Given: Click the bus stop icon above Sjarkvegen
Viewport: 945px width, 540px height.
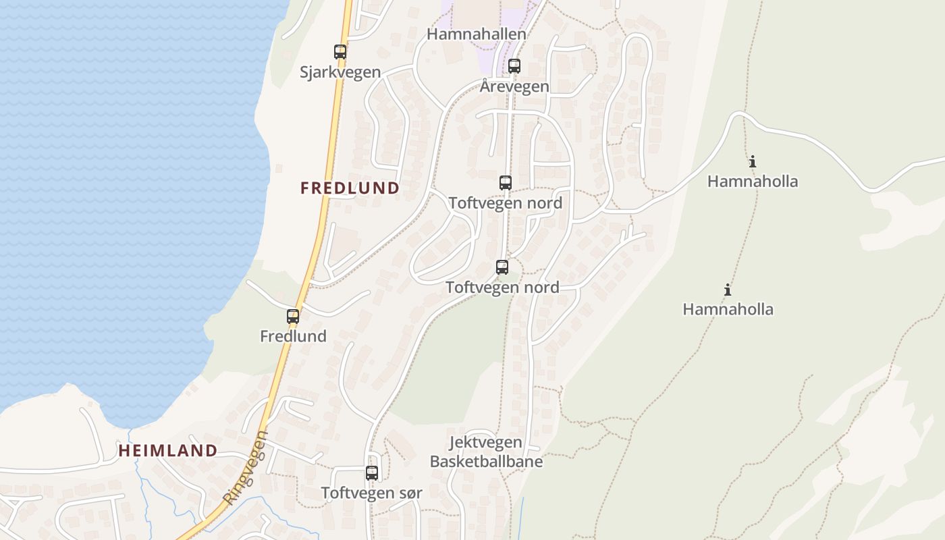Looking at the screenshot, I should point(340,51).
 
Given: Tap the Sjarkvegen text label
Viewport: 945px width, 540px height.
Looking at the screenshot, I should point(340,72).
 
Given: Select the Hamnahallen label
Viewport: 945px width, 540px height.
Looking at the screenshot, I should point(477,34).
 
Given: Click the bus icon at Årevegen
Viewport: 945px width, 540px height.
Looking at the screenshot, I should point(514,66).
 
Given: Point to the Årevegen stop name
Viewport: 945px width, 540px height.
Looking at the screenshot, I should point(514,86).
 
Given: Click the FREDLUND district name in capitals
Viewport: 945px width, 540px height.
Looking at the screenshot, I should point(350,188).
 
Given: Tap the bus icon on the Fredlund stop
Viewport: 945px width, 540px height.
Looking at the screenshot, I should point(293,316).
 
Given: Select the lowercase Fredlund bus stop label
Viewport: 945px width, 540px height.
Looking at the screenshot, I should point(293,336).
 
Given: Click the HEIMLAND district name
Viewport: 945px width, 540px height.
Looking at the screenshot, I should point(168,451).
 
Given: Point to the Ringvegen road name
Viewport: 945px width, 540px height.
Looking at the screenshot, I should point(245,468).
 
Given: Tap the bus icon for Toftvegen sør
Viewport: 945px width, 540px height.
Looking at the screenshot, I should point(372,473).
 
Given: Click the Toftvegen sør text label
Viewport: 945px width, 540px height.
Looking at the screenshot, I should point(371,493).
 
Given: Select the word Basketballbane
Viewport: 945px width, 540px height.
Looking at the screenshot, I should point(486,462).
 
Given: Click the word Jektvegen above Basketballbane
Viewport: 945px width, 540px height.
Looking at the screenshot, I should point(485,443).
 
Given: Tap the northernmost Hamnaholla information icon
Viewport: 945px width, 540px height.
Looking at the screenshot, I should point(753,162).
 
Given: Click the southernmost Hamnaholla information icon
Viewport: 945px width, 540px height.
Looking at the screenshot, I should point(728,290).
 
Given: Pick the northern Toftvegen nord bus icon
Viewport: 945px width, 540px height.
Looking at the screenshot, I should point(506,182).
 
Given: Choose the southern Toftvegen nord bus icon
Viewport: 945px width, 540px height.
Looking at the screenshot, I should point(502,267).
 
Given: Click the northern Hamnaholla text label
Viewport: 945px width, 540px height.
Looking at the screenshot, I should point(753,182).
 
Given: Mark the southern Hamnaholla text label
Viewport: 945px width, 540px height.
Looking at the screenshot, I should point(728,310).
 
